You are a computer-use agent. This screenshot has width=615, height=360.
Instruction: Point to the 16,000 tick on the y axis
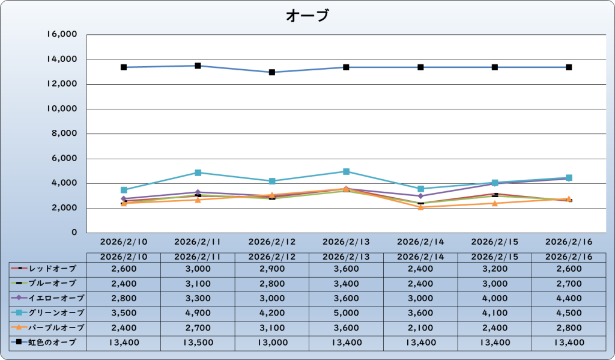coord(62,35)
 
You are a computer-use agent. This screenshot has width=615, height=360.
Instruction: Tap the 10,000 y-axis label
coord(62,109)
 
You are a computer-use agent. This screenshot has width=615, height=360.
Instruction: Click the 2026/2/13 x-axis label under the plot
coord(347,242)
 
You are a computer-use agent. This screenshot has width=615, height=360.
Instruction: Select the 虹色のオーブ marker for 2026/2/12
coord(272,72)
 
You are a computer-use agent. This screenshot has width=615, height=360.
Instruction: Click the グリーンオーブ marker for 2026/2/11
coord(198,172)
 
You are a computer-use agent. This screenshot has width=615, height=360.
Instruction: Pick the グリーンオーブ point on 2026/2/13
coord(347,171)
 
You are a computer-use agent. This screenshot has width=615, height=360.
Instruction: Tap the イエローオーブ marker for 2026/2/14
coord(421,196)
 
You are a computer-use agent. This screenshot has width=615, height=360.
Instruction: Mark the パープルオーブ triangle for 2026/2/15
coord(495,203)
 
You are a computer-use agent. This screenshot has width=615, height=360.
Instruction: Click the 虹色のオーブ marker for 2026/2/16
coord(569,67)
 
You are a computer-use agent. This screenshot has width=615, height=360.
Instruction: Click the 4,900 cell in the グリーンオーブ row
coord(198,313)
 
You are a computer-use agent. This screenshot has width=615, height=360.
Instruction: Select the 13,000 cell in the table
coord(272,343)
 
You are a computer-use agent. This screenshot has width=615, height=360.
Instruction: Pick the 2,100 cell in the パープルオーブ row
coord(420,328)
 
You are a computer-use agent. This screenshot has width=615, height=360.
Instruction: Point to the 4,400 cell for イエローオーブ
coord(569,297)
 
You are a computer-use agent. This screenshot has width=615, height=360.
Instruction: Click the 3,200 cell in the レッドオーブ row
coord(495,267)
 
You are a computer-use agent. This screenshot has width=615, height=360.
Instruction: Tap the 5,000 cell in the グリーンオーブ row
coord(347,313)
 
